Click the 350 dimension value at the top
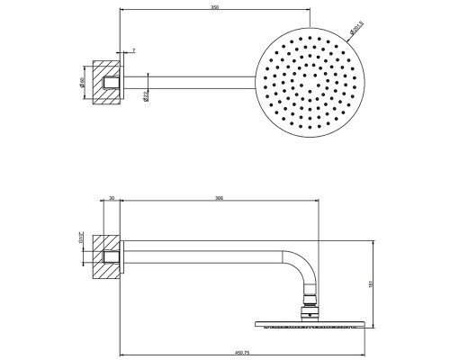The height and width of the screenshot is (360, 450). pyautogui.click(x=212, y=8)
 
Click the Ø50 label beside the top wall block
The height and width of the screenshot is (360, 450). pyautogui.click(x=82, y=85)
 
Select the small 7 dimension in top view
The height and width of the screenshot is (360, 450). pyautogui.click(x=132, y=51)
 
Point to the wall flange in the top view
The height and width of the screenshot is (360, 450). pyautogui.click(x=123, y=86)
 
